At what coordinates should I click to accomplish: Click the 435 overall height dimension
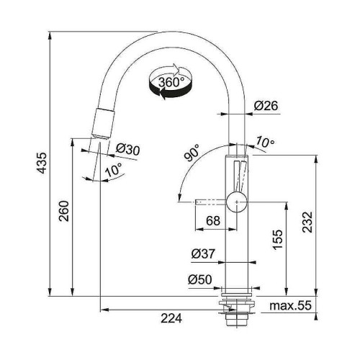42,163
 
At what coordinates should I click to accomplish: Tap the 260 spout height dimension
64,211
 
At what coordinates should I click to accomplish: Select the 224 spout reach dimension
171,318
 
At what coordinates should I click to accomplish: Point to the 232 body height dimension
307,222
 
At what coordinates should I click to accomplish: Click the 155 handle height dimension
278,240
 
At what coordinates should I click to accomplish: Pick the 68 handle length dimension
213,220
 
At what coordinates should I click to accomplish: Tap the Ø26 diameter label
266,105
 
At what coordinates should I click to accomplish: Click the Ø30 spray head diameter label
127,150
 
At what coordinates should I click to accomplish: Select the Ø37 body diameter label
204,253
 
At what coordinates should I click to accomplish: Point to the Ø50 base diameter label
200,279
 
